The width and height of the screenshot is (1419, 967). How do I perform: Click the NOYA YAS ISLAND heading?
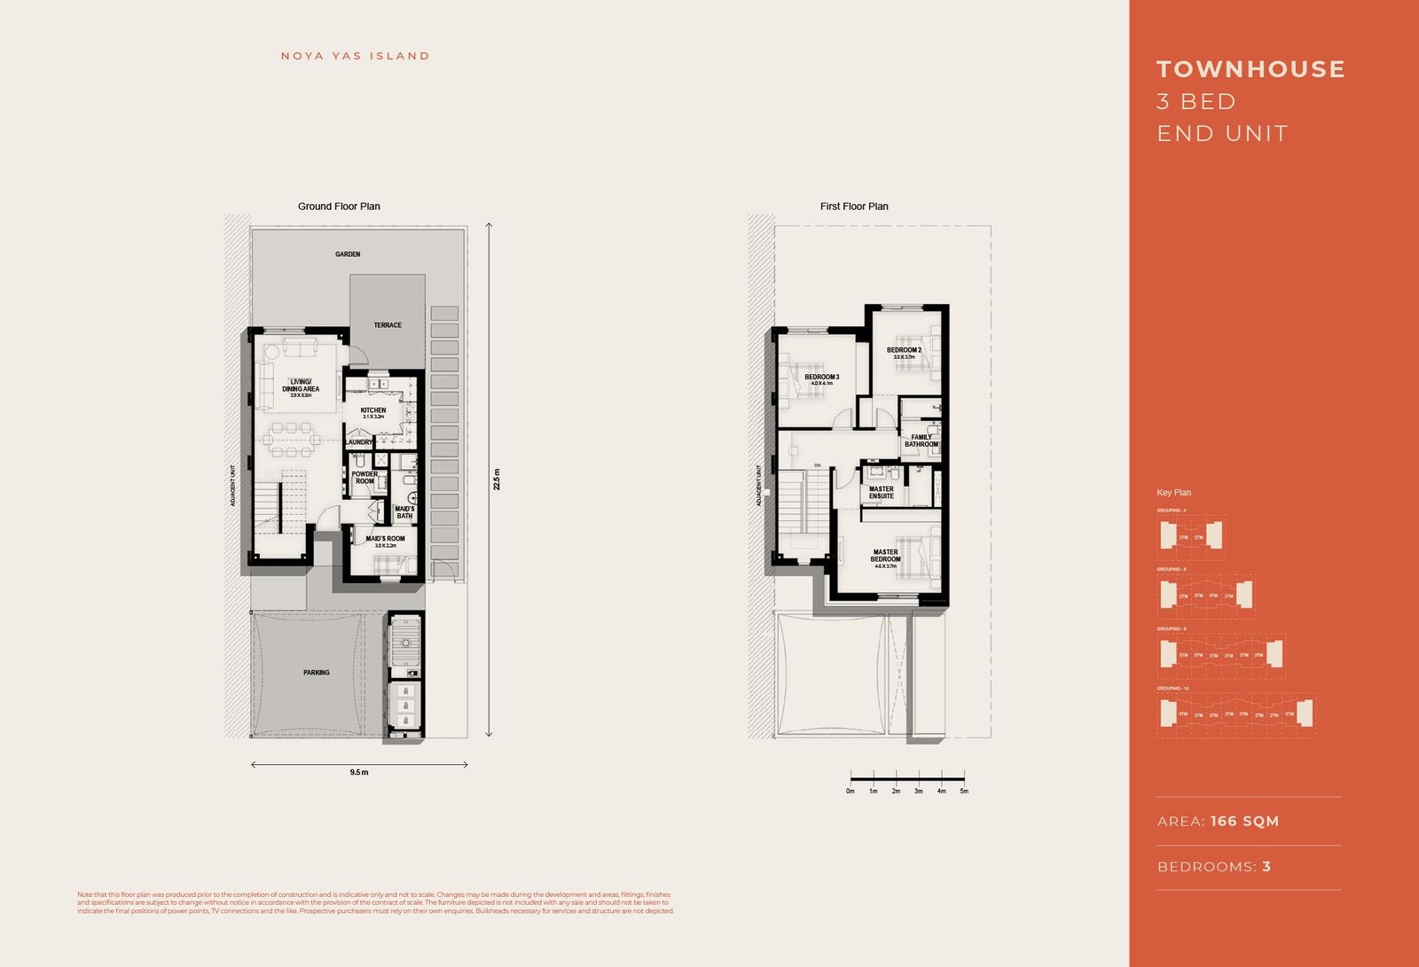click(x=355, y=56)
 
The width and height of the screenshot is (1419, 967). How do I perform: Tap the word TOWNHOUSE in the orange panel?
click(x=1250, y=69)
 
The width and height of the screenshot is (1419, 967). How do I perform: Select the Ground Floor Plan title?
click(x=339, y=207)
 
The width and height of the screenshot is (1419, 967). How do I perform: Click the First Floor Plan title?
click(x=854, y=207)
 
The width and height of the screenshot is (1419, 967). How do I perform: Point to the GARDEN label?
click(x=348, y=254)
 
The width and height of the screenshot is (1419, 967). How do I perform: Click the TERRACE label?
click(x=388, y=325)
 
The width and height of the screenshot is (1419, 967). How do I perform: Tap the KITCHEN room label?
click(x=373, y=411)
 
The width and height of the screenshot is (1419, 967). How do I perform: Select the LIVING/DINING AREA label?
click(x=301, y=386)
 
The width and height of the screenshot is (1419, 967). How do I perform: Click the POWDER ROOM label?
click(x=365, y=478)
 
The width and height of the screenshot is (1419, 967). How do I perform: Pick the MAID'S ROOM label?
click(x=385, y=539)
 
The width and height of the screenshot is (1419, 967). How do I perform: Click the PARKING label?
click(x=317, y=673)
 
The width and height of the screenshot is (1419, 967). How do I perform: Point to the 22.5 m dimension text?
click(x=498, y=480)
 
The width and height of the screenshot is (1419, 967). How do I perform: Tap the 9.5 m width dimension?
click(x=359, y=773)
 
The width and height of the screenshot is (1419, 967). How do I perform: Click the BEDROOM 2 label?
click(x=904, y=351)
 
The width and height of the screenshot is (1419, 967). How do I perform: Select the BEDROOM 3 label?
click(x=822, y=378)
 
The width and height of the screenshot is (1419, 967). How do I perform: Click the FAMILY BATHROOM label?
click(x=921, y=441)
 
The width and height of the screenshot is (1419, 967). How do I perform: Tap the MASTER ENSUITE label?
click(x=882, y=493)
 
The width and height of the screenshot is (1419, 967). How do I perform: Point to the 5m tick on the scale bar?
click(x=964, y=791)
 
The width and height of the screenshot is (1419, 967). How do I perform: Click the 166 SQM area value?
click(x=1244, y=822)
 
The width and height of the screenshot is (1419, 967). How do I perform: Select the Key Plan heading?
click(x=1173, y=493)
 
